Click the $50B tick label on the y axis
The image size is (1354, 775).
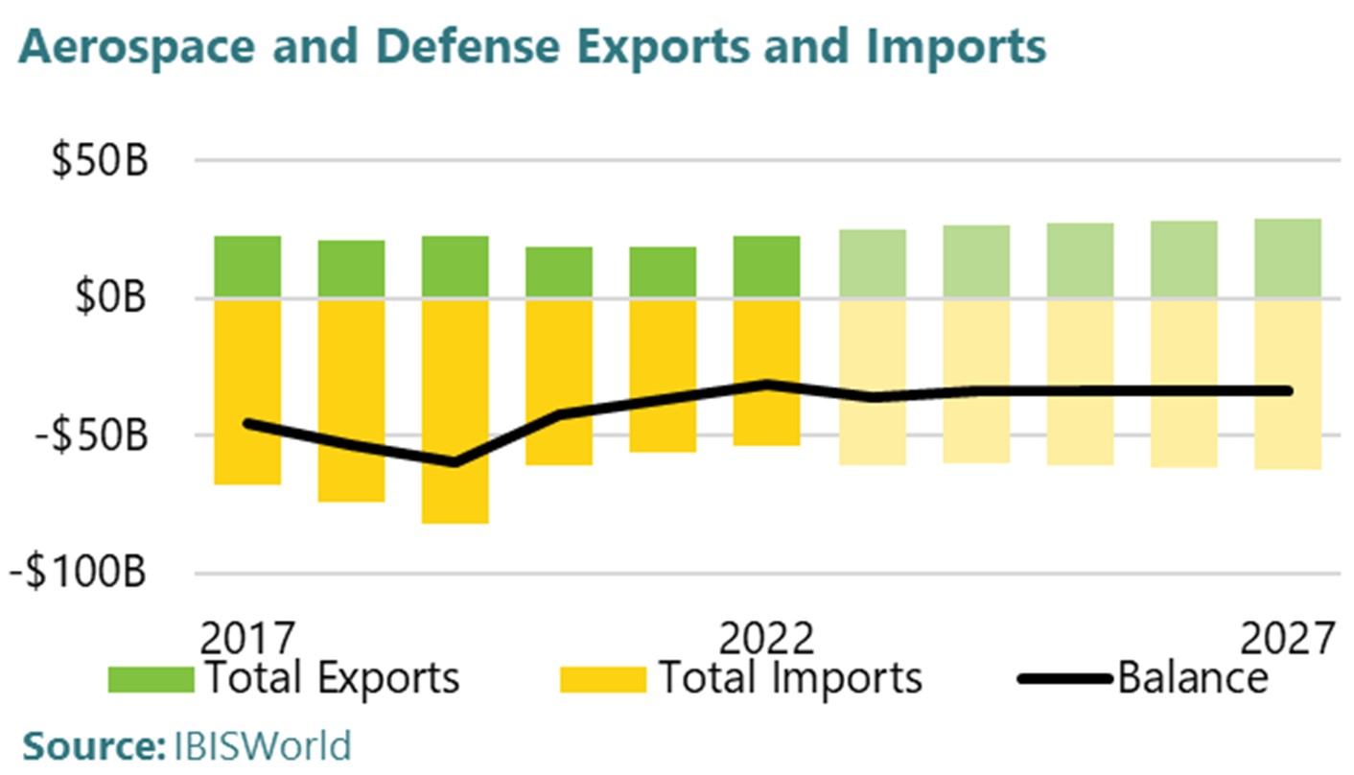pos(100,160)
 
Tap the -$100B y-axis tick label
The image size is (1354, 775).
pos(80,574)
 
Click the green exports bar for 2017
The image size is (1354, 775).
pos(247,267)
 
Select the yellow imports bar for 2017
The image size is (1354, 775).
pos(247,391)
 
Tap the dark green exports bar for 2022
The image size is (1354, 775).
pos(767,267)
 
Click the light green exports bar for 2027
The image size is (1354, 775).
pos(1288,258)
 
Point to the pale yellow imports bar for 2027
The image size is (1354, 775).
pos(1288,384)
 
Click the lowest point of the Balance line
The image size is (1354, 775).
pos(455,463)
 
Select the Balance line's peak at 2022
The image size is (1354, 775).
pos(767,384)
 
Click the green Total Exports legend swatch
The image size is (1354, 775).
pos(151,679)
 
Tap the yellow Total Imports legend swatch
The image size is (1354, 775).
pos(603,679)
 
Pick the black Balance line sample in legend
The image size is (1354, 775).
pos(1064,679)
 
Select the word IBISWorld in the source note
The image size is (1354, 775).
pos(263,745)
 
